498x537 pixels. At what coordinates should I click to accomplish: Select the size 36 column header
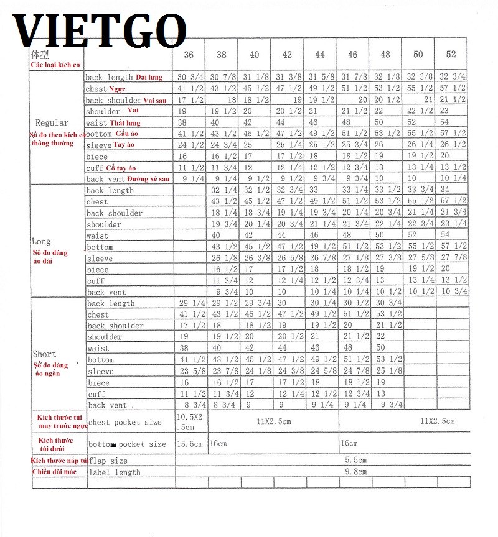[x=189, y=55]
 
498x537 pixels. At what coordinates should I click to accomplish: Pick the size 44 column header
[x=319, y=55]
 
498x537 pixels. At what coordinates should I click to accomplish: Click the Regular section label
[x=52, y=122]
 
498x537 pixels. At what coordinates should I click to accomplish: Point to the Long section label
[x=41, y=241]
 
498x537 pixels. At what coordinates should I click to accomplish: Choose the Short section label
[x=44, y=354]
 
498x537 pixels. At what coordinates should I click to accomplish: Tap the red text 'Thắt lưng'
[x=125, y=123]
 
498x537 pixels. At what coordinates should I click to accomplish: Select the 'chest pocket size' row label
[x=125, y=422]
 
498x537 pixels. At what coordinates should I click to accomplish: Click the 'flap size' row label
[x=108, y=461]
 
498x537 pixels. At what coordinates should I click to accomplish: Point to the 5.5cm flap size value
[x=355, y=461]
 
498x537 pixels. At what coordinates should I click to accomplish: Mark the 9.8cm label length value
[x=355, y=472]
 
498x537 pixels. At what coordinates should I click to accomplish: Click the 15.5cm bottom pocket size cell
[x=190, y=444]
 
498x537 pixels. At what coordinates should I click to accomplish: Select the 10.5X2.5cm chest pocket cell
[x=191, y=421]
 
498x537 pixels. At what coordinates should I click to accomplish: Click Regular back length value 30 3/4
[x=190, y=77]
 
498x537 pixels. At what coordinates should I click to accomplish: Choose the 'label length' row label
[x=115, y=472]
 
